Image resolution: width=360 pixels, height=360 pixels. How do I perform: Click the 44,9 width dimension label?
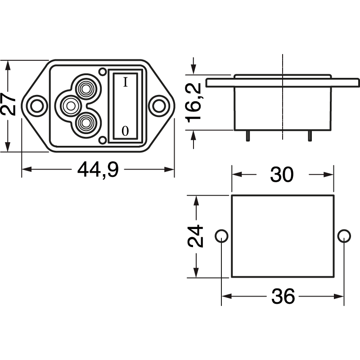click(x=98, y=170)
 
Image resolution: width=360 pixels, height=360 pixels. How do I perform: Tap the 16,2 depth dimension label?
click(x=194, y=103)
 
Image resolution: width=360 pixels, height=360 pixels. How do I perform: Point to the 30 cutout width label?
click(x=282, y=175)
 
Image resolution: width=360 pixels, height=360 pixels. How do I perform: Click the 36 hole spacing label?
click(x=283, y=297)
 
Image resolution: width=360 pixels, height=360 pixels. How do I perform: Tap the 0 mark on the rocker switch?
click(x=125, y=131)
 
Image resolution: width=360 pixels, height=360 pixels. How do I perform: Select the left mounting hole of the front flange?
click(x=36, y=106)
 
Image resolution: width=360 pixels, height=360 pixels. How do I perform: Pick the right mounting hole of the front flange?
click(x=158, y=106)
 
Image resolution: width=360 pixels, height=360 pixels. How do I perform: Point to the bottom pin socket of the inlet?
click(x=85, y=123)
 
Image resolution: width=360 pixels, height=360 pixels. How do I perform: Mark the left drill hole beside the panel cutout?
click(x=221, y=236)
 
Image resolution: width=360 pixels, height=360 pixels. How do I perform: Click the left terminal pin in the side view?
click(x=247, y=135)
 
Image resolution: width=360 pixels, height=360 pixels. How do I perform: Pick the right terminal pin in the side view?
click(x=310, y=135)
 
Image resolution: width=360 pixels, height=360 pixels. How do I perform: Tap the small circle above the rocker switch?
click(x=103, y=72)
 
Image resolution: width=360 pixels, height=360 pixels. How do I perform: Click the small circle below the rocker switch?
click(x=103, y=140)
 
